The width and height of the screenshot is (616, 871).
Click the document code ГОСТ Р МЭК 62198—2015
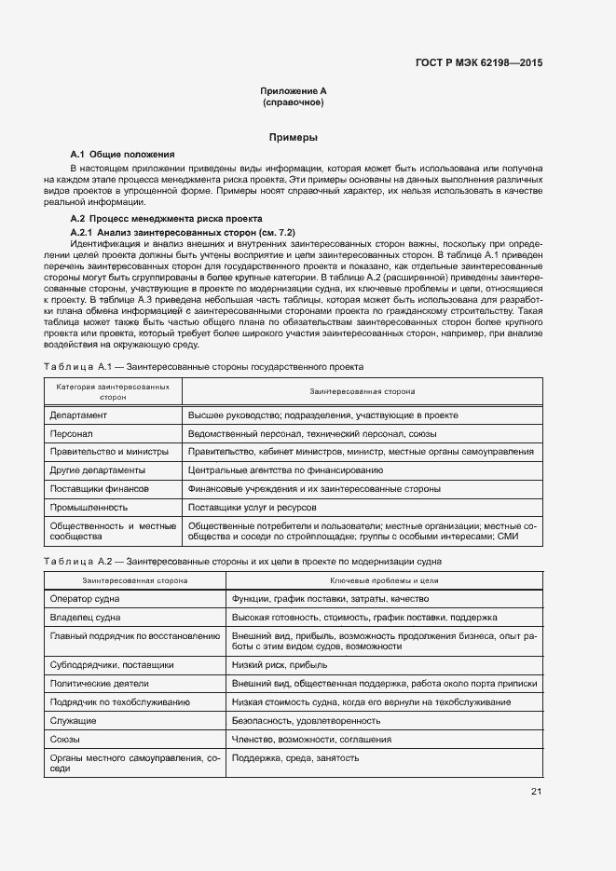pos(478,62)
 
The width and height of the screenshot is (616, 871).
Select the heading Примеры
pos(294,137)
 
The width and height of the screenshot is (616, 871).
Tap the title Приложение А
pos(294,91)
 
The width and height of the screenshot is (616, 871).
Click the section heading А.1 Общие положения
pos(122,154)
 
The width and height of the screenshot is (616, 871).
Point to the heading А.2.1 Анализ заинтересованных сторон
pos(183,231)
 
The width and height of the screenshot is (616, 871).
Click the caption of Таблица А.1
pos(204,367)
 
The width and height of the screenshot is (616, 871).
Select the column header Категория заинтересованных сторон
pos(113,390)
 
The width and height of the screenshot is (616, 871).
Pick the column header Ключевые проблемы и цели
pos(384,580)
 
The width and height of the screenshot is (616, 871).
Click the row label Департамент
pos(79,415)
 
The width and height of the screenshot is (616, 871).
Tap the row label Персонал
pos(71,433)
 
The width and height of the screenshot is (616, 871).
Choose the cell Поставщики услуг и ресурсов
pos(252,508)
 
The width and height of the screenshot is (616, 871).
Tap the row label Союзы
pos(65,739)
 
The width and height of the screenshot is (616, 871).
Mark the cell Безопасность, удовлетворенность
pos(306,720)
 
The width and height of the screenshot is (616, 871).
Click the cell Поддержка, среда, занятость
pos(295,758)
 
